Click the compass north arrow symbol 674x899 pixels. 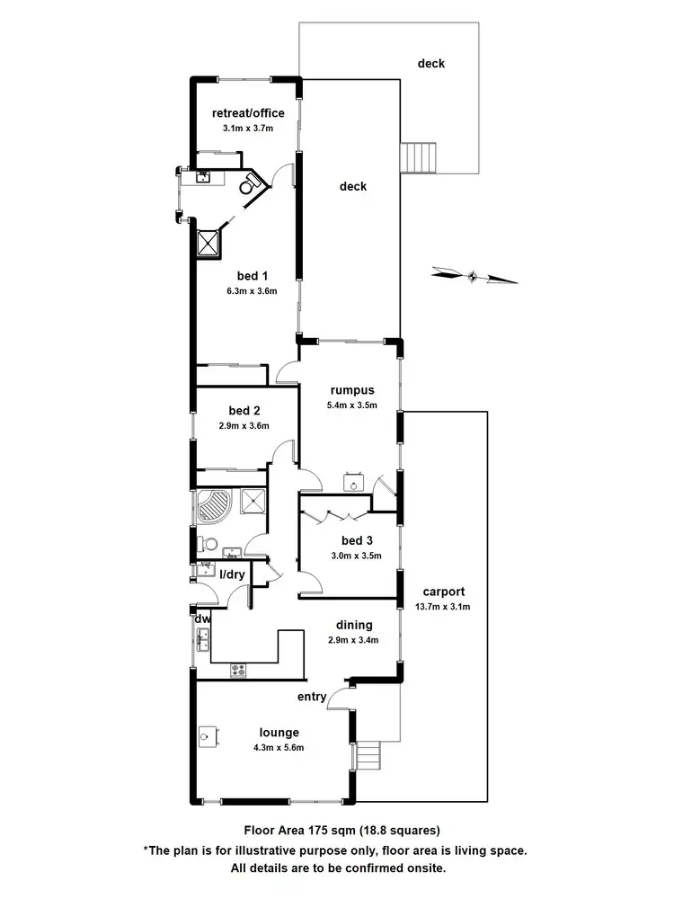(474, 275)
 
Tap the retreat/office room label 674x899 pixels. (248, 113)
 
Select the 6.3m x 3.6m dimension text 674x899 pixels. (252, 291)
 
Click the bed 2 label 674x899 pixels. (244, 411)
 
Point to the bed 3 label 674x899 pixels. (357, 540)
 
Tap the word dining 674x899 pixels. (354, 625)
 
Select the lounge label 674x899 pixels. (279, 733)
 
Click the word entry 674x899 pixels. (312, 697)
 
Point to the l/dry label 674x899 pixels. (234, 573)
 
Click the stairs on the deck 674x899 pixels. (419, 158)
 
